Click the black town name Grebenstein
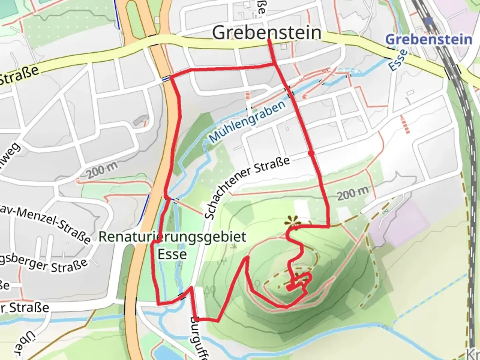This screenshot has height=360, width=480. coord(267,33)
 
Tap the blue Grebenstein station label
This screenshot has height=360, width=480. coord(429,39)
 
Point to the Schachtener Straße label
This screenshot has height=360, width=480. coord(247,187)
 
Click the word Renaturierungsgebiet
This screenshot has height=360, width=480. coord(172,237)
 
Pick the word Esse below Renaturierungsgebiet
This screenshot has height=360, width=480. coord(172,254)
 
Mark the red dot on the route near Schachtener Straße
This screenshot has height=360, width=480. coord(311,153)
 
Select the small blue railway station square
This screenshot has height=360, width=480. coord(429,21)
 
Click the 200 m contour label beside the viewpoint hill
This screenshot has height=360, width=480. coord(353,193)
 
